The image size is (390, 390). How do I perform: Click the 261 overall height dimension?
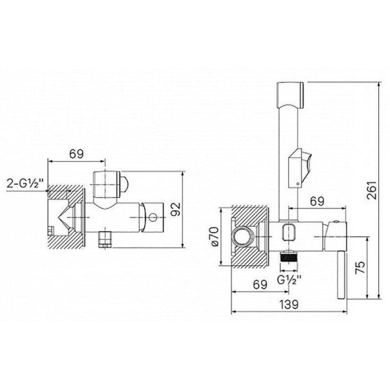[x=371, y=190]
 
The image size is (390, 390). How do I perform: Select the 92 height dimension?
[x=176, y=209]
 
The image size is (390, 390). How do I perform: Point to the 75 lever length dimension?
[x=360, y=268]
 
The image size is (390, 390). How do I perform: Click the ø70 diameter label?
[x=214, y=236]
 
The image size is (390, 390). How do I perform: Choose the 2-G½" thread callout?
[x=23, y=184]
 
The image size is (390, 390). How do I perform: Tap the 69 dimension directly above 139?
[x=260, y=285]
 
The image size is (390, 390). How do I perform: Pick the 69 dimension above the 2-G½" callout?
[x=76, y=154]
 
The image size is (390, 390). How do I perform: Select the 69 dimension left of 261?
[x=317, y=201]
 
